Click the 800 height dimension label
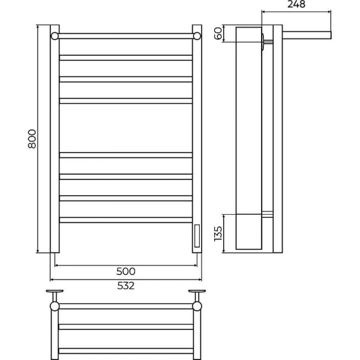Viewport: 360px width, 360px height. point(32,139)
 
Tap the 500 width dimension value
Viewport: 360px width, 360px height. point(126,271)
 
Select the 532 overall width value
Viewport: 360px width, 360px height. point(126,286)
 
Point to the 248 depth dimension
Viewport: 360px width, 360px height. point(296,4)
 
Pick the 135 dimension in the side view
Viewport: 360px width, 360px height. point(218,234)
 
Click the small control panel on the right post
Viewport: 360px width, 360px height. point(197,236)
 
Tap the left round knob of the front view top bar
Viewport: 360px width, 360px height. point(55,36)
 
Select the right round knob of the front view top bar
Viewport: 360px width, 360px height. point(197,36)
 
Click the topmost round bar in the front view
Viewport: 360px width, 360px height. point(126,36)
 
